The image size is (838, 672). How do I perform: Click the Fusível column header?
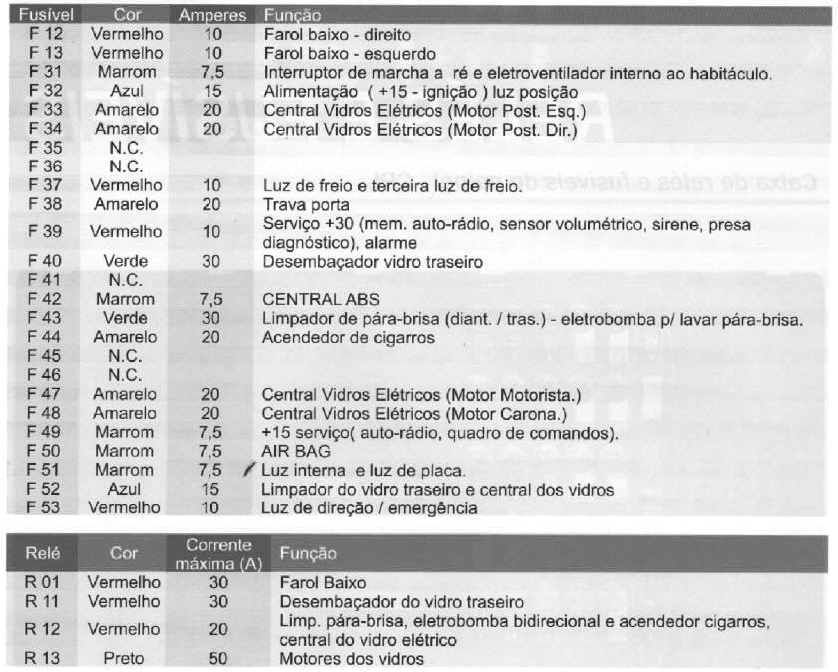click(x=41, y=15)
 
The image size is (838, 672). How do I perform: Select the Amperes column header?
click(x=211, y=15)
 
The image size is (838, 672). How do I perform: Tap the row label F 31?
click(x=45, y=72)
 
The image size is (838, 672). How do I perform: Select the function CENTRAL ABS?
click(x=321, y=299)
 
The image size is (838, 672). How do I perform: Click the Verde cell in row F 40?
click(x=126, y=262)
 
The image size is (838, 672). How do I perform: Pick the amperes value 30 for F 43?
click(x=211, y=318)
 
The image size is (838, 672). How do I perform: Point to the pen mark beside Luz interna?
click(x=249, y=469)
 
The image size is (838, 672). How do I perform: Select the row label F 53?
click(x=45, y=507)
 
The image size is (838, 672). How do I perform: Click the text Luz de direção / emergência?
click(x=369, y=507)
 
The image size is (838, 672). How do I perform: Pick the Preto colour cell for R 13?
click(x=124, y=658)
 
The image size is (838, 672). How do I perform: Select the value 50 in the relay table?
click(x=218, y=658)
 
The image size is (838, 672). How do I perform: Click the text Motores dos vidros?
click(x=351, y=658)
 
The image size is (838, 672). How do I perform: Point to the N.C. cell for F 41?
click(x=126, y=280)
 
